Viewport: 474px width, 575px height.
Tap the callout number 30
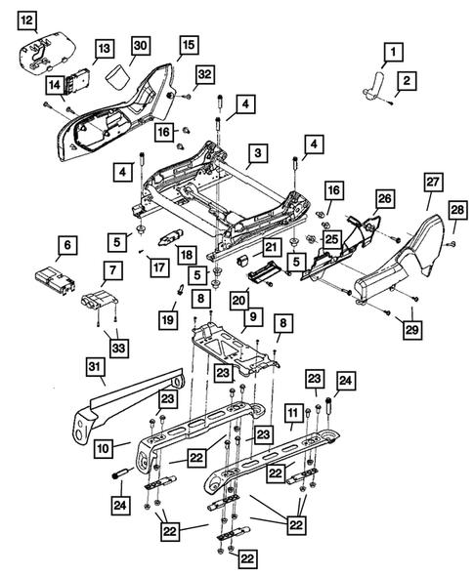pyautogui.click(x=140, y=47)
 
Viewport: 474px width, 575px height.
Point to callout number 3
pyautogui.click(x=257, y=153)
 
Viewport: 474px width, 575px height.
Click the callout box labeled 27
pyautogui.click(x=433, y=181)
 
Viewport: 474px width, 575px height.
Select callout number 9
pyautogui.click(x=252, y=317)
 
